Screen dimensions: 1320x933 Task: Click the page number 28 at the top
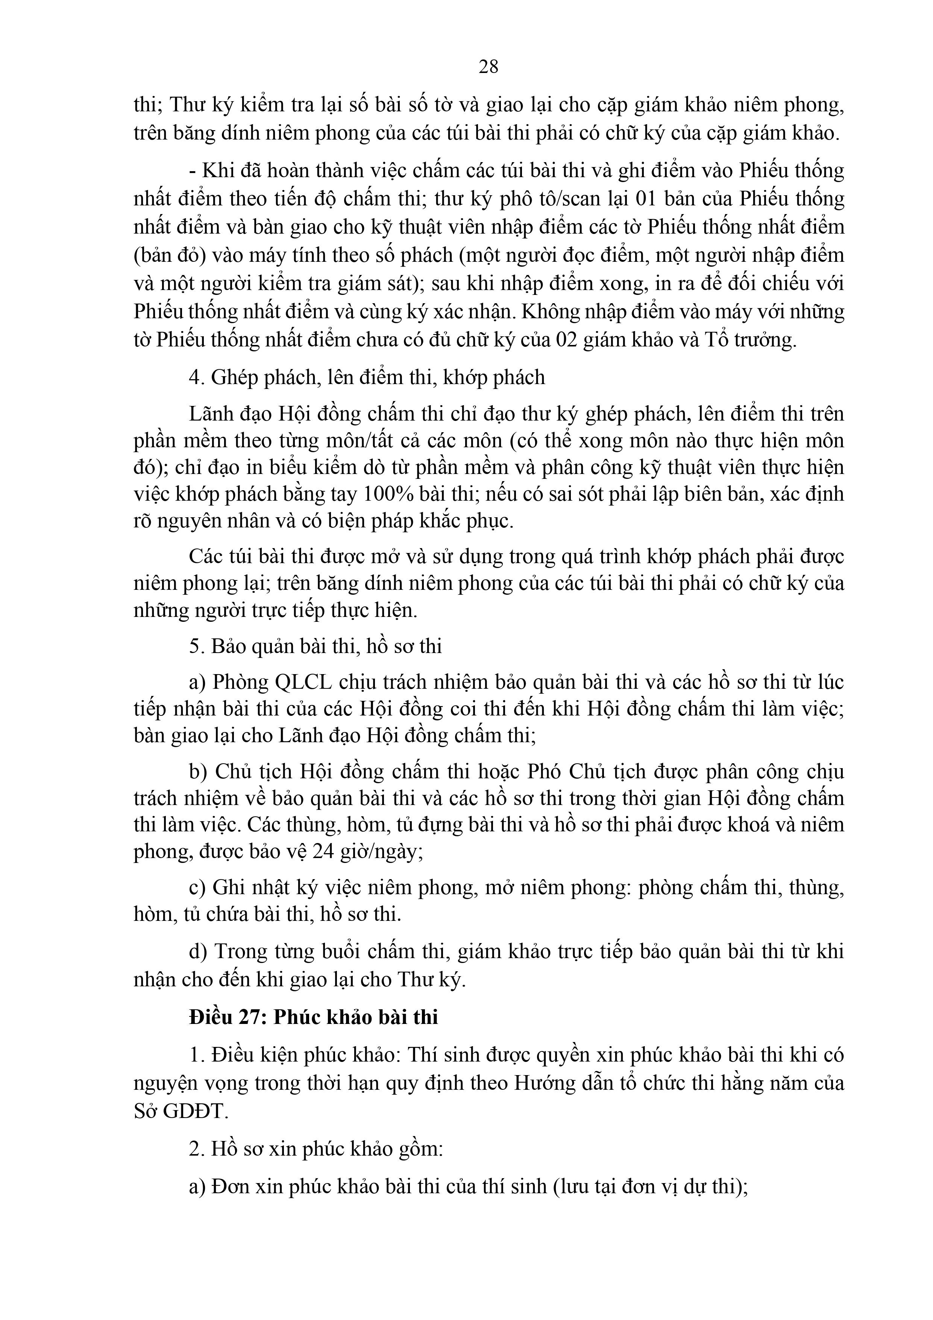[488, 67]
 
